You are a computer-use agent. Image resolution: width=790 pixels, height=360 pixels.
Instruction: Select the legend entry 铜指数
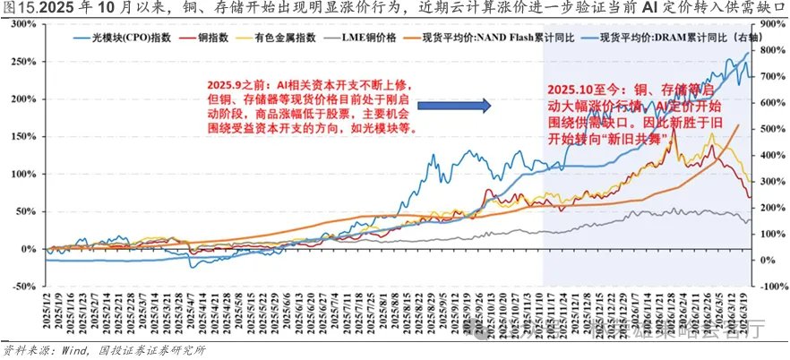click(x=202, y=39)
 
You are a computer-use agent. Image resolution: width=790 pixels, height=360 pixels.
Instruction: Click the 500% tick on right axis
click(x=770, y=129)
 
